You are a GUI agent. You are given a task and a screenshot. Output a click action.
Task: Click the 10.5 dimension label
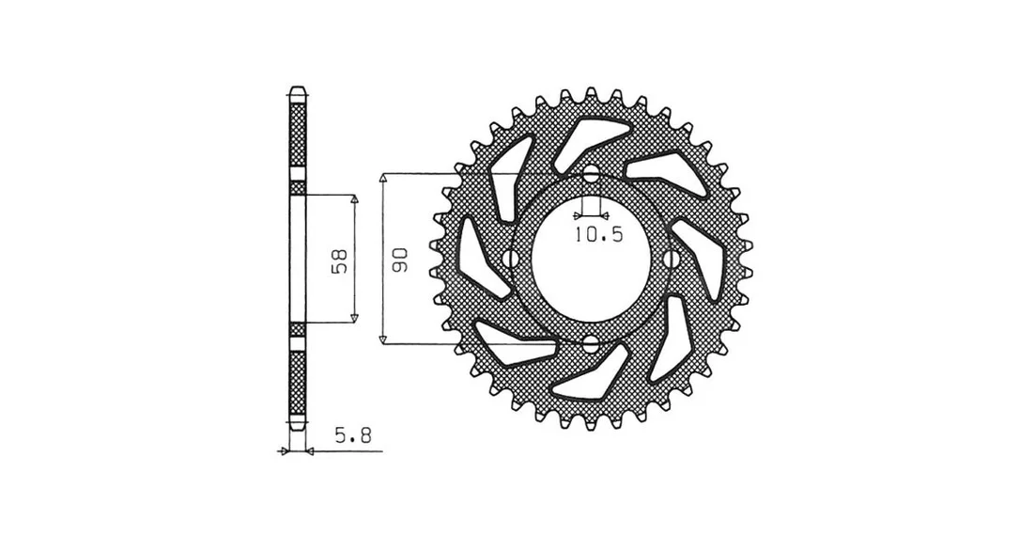coord(598,233)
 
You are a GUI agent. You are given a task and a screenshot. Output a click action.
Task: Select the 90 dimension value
coord(399,260)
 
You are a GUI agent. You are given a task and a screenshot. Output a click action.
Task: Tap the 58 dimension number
coord(344,261)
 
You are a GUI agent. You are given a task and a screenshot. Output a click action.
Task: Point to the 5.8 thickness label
coord(353,435)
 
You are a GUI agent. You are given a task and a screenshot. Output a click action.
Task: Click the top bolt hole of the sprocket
coord(591,174)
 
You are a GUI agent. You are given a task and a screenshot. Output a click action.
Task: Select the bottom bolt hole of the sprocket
coord(591,343)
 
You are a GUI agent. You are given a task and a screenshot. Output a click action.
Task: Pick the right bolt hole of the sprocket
coord(670,259)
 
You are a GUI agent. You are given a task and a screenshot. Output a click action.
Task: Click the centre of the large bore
coord(591,259)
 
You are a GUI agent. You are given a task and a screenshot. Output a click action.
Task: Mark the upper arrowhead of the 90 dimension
coord(384,179)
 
